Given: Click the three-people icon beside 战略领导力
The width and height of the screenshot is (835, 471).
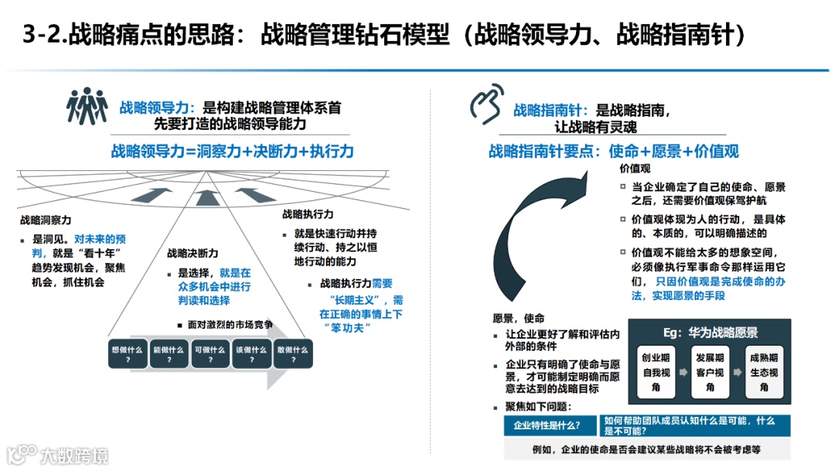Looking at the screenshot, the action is pos(87,107).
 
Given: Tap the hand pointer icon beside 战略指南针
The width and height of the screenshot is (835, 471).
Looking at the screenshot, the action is pos(486,105).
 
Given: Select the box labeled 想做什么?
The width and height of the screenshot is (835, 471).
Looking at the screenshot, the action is pos(126,353).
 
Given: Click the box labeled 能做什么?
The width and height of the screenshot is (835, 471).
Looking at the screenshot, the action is pos(168,353).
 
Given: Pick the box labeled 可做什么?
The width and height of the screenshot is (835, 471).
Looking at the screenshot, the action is pos(210,353).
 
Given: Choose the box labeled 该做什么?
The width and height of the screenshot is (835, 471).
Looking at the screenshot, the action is pos(251,353).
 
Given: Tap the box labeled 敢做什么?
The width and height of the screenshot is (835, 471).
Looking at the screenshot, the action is pos(293,353).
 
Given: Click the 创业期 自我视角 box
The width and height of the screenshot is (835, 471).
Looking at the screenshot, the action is pos(656,372).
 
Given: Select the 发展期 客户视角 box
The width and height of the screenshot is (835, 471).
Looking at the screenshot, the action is pos(710,372).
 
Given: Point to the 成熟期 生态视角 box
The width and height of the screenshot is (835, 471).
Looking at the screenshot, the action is pos(764,372).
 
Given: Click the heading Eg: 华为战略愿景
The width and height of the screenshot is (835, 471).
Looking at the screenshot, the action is pos(711,333).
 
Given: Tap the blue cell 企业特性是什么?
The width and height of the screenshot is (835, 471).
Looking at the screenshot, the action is pos(549,425).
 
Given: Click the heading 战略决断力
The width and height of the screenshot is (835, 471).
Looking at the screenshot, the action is pos(192,253).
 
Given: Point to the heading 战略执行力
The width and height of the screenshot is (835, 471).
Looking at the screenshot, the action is pos(307,213).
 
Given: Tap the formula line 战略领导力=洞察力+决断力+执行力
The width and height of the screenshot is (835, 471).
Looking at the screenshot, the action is pos(232,152).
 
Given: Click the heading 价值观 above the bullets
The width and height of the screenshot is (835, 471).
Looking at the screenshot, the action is pos(636,168).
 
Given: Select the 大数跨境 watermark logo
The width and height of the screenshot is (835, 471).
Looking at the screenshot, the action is pos(58,454).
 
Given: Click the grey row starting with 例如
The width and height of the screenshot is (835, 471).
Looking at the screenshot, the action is pos(646,449).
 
